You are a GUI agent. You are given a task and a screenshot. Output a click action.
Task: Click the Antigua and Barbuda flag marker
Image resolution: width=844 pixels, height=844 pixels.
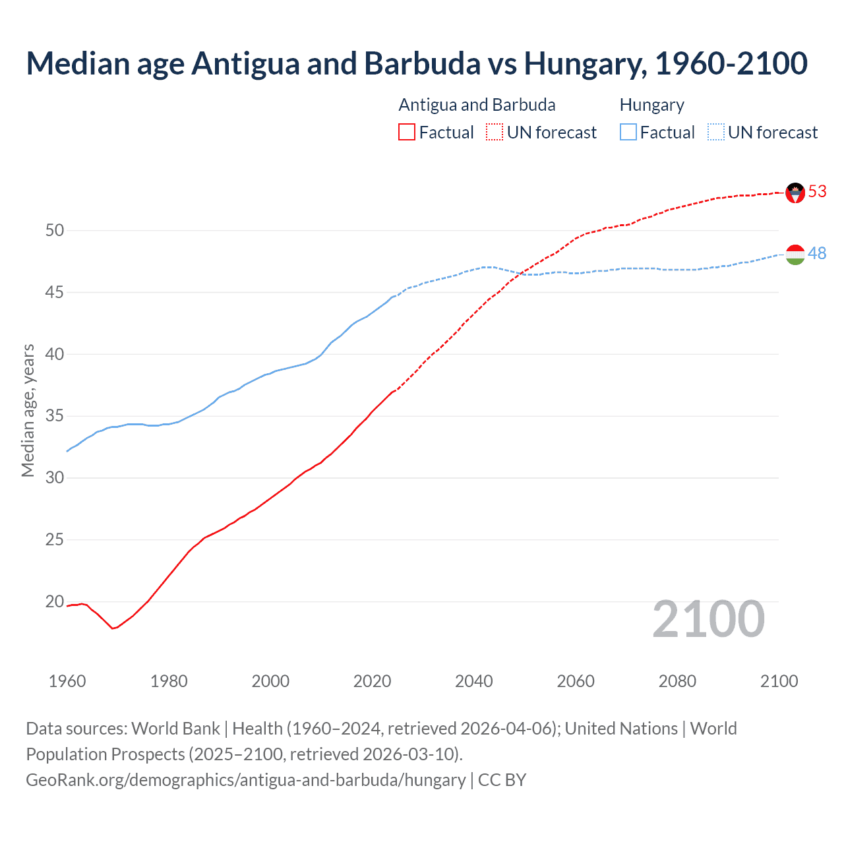coord(795,193)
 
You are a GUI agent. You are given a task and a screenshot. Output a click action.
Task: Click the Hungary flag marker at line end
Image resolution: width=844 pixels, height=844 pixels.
coord(795,255)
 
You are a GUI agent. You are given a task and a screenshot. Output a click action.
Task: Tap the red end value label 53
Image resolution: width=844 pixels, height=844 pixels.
coord(818,191)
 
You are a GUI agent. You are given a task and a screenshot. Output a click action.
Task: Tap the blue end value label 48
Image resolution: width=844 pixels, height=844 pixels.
coord(818,253)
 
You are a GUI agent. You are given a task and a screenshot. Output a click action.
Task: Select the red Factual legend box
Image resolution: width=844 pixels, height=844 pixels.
coord(407,133)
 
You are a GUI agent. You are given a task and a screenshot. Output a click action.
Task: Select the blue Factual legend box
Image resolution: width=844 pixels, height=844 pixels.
coord(628,133)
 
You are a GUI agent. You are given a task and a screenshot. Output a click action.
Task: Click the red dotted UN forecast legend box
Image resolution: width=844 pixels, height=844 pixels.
coord(495,133)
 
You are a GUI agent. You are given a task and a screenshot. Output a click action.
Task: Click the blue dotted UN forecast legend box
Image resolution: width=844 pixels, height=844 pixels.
coord(716,133)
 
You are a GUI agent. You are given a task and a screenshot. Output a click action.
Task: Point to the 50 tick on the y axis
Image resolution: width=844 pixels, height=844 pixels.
coord(55,230)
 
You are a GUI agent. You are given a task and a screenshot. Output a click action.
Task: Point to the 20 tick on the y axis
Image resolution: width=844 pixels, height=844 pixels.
coord(55,601)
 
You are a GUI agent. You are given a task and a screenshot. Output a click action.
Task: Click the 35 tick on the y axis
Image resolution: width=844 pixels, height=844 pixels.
coord(55,416)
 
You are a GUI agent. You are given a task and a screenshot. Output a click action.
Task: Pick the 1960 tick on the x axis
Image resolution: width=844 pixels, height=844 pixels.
coord(67,681)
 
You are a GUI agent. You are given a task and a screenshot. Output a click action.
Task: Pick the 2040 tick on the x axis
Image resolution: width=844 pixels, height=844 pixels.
coord(474,681)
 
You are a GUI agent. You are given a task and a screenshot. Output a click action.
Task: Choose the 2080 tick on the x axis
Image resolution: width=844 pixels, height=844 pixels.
coord(677,681)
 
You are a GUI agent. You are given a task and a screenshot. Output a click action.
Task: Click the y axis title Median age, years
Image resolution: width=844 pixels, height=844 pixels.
coord(28,410)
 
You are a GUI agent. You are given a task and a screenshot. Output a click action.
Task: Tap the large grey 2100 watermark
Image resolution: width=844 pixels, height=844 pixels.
coord(708,619)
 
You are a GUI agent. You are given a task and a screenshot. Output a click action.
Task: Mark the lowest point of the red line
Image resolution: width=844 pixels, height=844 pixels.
coord(113,628)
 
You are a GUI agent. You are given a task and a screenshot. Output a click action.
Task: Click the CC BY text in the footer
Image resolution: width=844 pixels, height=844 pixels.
coord(502,780)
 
